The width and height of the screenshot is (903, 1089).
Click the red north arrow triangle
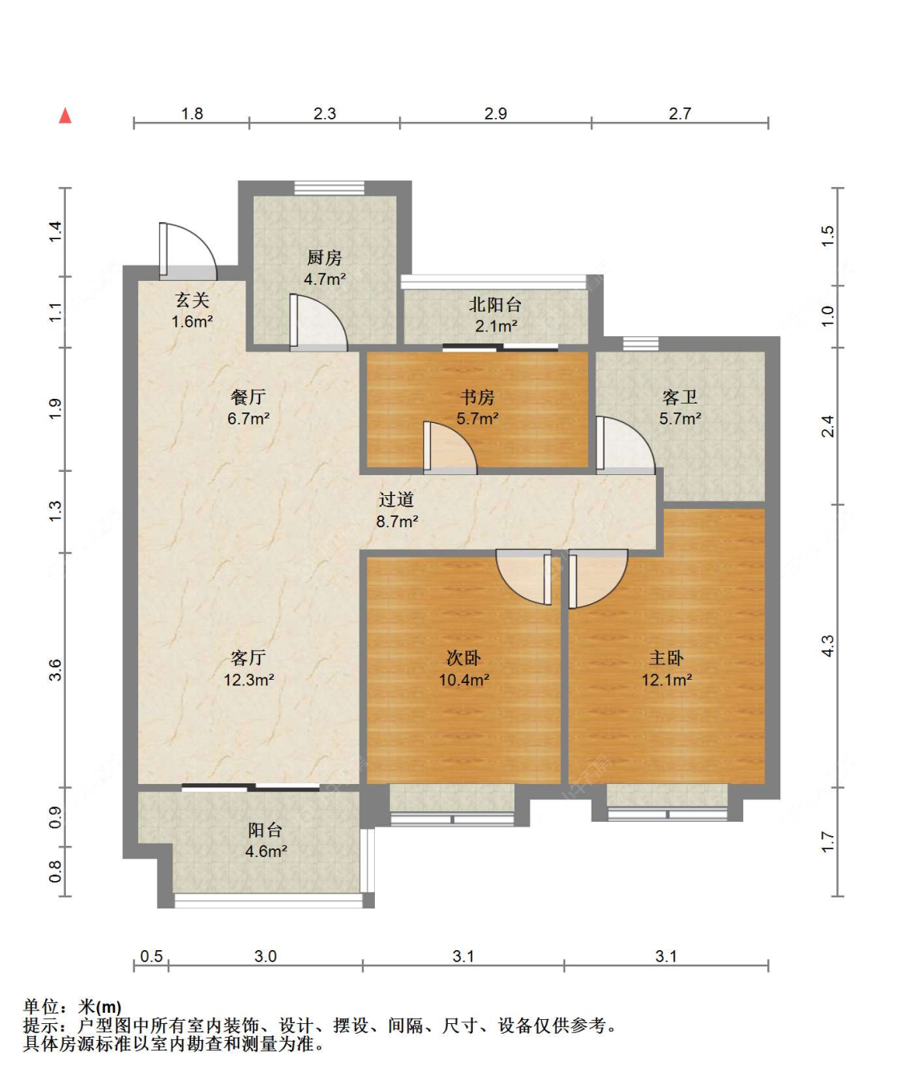(x=65, y=116)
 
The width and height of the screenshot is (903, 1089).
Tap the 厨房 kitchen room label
(x=324, y=258)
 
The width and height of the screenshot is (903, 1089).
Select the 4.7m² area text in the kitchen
(x=324, y=279)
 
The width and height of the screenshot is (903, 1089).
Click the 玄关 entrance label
(x=192, y=300)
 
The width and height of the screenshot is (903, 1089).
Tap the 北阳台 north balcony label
(x=495, y=305)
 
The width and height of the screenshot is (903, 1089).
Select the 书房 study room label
(x=478, y=397)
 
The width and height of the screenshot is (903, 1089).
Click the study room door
(x=449, y=448)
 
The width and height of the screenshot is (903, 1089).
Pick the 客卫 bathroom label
(x=680, y=397)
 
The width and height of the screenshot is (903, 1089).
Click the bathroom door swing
(x=625, y=445)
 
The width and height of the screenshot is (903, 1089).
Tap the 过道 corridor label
(x=397, y=499)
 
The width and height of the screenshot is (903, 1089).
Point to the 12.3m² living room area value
(x=249, y=680)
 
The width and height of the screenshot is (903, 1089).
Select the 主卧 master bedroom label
(x=666, y=658)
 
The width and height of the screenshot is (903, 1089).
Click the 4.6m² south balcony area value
(x=266, y=851)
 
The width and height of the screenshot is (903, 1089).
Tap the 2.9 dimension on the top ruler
(x=495, y=113)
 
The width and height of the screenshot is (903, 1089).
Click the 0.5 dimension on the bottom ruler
(x=151, y=956)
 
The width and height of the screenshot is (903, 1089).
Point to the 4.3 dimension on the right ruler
(x=828, y=646)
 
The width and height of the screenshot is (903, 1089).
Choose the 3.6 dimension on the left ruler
(x=55, y=670)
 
